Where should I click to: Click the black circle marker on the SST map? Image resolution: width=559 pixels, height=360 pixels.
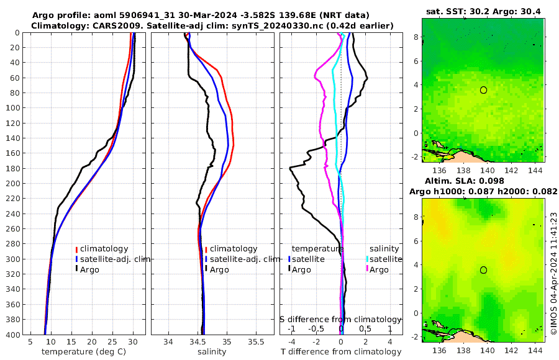coord(483,90)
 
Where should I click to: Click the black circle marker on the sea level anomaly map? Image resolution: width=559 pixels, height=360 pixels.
coord(483,270)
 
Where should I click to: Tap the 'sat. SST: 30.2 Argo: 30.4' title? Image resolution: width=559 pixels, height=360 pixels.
coord(483,11)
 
